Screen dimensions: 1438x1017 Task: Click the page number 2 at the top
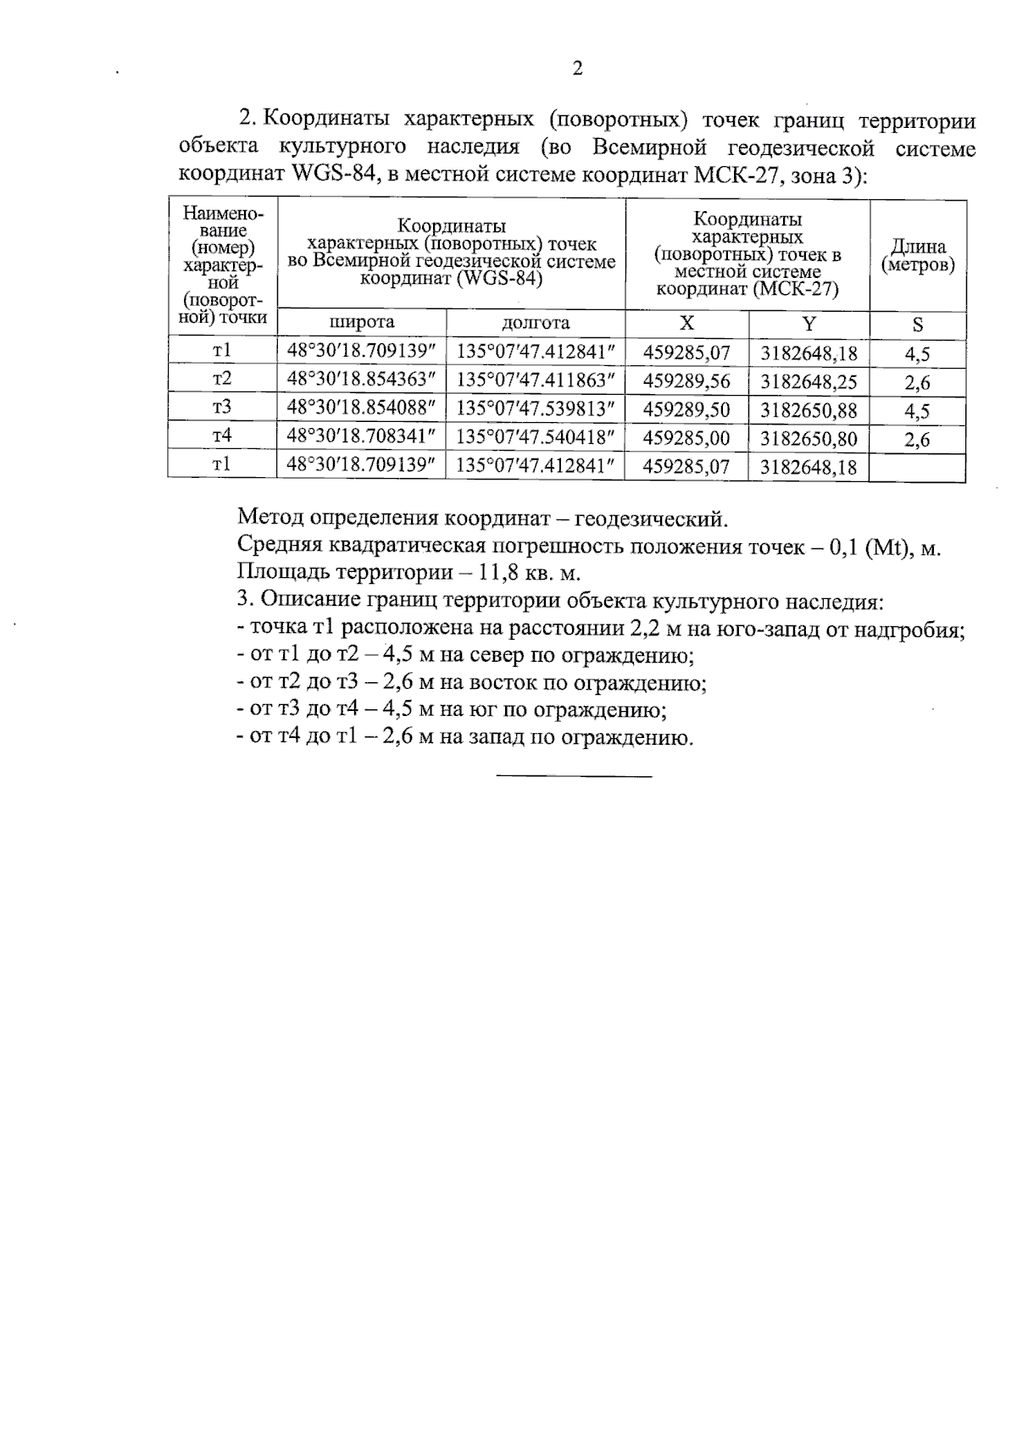pyautogui.click(x=577, y=69)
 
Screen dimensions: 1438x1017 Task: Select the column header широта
pyautogui.click(x=362, y=323)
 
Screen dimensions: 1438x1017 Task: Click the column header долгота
pyautogui.click(x=536, y=323)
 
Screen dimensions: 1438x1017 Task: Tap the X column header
pyautogui.click(x=686, y=324)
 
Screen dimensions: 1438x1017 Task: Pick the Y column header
pyautogui.click(x=809, y=324)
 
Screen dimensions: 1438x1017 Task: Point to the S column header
pyautogui.click(x=918, y=325)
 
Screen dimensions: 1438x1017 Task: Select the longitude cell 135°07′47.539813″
pyautogui.click(x=536, y=409)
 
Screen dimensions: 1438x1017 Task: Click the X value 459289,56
pyautogui.click(x=686, y=381)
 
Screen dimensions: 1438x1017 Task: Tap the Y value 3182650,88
pyautogui.click(x=809, y=410)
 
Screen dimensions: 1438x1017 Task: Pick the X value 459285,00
pyautogui.click(x=686, y=438)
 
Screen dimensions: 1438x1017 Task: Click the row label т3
pyautogui.click(x=222, y=408)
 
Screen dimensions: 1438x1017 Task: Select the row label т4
pyautogui.click(x=222, y=436)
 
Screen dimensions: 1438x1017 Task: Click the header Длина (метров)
pyautogui.click(x=918, y=256)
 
